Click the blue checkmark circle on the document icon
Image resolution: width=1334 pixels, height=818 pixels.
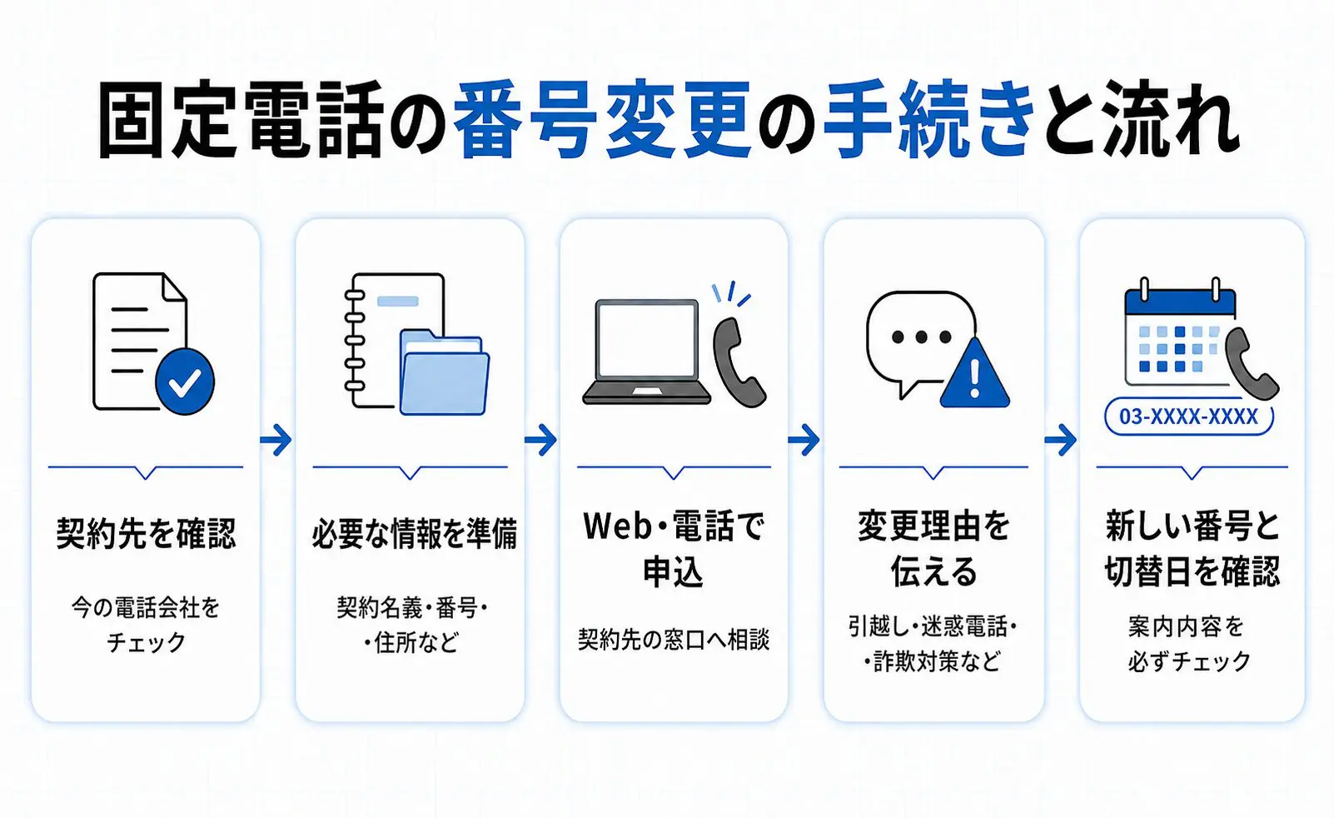click(x=185, y=382)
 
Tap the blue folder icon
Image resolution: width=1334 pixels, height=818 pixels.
click(x=445, y=373)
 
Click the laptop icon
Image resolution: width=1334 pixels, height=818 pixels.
click(x=647, y=352)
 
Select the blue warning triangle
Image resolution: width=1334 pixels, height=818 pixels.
click(x=974, y=373)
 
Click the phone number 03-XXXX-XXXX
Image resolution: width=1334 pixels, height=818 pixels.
click(x=1188, y=416)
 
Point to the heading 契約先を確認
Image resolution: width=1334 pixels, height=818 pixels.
click(x=146, y=532)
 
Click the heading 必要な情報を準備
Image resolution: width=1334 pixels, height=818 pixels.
click(x=415, y=532)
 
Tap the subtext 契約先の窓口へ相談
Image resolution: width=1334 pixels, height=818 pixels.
click(x=674, y=639)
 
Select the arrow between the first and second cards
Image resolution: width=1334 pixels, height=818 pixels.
click(x=276, y=441)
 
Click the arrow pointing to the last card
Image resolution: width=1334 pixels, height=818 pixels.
click(x=1061, y=441)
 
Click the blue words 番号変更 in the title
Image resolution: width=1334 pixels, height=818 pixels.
click(x=602, y=120)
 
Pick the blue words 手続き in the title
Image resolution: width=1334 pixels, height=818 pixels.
click(x=929, y=120)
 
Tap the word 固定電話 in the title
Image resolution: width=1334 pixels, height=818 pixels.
click(x=240, y=120)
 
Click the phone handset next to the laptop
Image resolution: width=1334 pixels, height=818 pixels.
click(x=739, y=362)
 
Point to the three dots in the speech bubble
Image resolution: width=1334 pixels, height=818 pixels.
click(x=921, y=337)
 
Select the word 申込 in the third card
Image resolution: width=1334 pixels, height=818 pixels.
click(x=673, y=572)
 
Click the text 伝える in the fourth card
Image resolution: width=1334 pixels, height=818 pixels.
click(x=933, y=572)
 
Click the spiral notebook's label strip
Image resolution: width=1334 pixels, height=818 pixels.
click(x=398, y=301)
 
